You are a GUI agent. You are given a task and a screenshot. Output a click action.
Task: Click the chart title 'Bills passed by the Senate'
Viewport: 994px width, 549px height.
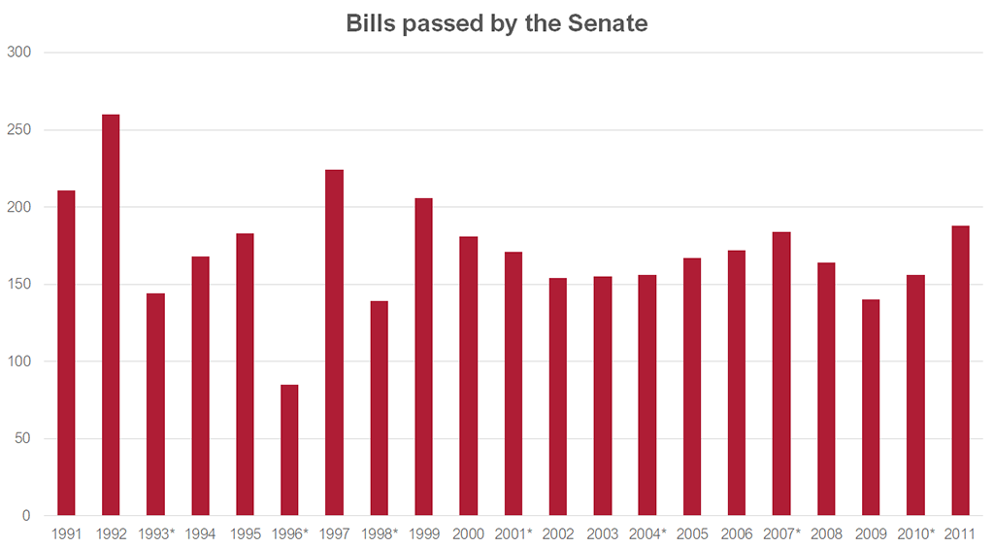[496, 24]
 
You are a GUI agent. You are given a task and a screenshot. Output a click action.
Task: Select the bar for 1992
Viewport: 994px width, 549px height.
[111, 315]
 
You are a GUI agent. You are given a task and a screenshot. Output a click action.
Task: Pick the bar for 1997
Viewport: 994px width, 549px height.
[334, 342]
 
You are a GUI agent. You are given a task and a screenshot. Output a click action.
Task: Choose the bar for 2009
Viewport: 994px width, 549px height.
[871, 407]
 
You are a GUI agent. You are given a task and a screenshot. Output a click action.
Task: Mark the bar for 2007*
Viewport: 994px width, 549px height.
[781, 373]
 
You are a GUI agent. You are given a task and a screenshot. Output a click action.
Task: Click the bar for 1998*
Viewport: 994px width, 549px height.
[379, 408]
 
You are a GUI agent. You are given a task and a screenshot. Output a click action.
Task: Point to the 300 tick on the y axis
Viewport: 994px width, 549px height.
[20, 52]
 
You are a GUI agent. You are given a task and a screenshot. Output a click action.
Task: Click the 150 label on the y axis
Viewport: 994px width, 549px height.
[20, 285]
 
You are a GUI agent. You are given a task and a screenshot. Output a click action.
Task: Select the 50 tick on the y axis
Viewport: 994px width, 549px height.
[24, 438]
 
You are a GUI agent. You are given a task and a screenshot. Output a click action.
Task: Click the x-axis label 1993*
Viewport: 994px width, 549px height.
[155, 533]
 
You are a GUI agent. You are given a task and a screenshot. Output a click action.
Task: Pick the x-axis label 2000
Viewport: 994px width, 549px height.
[468, 533]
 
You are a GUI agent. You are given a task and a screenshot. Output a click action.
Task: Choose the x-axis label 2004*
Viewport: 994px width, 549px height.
[647, 533]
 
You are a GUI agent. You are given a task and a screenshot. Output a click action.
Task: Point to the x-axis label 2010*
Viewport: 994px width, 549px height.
[915, 533]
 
